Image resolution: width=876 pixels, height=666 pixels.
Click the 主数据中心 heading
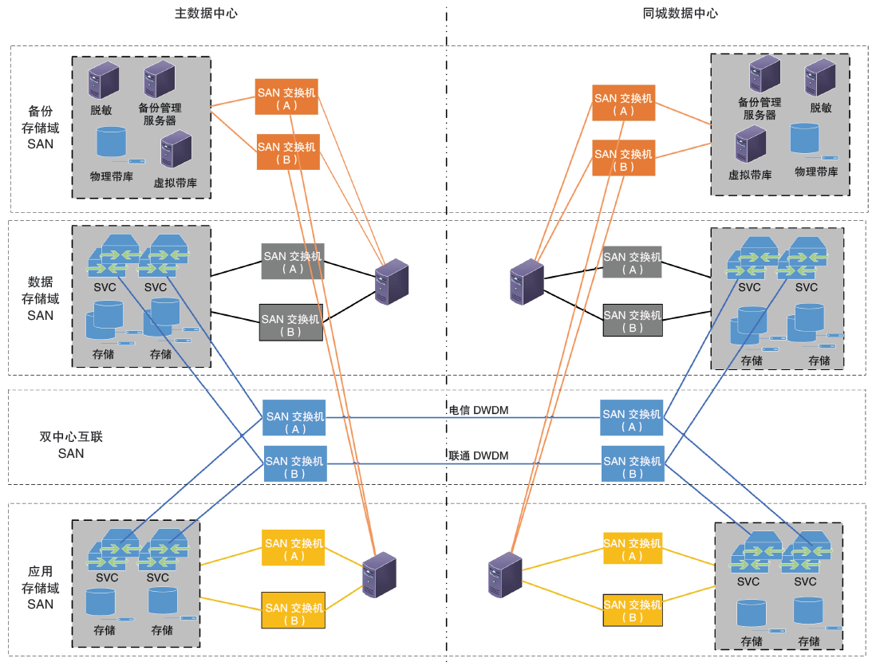pyautogui.click(x=206, y=14)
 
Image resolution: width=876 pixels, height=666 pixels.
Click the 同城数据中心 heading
pyautogui.click(x=680, y=14)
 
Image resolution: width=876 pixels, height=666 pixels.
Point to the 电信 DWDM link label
pyautogui.click(x=479, y=410)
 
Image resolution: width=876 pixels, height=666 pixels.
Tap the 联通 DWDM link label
pyautogui.click(x=479, y=456)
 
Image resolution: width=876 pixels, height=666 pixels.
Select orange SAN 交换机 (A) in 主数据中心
pyautogui.click(x=286, y=98)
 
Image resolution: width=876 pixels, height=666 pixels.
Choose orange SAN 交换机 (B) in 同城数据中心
pyautogui.click(x=624, y=160)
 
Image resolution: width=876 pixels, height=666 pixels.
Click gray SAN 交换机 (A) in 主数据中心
pyautogui.click(x=293, y=262)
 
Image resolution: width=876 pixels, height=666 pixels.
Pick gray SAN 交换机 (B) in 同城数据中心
pyautogui.click(x=632, y=321)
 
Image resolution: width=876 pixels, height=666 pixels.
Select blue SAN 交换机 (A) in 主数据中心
pyautogui.click(x=294, y=417)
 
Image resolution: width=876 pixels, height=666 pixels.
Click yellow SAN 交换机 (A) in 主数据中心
pyautogui.click(x=293, y=548)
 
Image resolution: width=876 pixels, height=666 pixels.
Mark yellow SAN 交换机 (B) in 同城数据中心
pyautogui.click(x=632, y=610)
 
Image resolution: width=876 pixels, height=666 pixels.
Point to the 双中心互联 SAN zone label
pyautogui.click(x=71, y=445)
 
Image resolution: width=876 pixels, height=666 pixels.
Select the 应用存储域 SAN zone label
pyautogui.click(x=41, y=588)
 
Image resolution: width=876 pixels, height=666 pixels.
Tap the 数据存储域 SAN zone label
pyautogui.click(x=41, y=298)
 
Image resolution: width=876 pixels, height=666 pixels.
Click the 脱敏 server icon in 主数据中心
pyautogui.click(x=104, y=80)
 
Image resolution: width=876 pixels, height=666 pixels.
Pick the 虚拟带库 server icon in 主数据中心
pyautogui.click(x=176, y=148)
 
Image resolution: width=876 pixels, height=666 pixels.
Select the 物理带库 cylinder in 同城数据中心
pyautogui.click(x=805, y=140)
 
